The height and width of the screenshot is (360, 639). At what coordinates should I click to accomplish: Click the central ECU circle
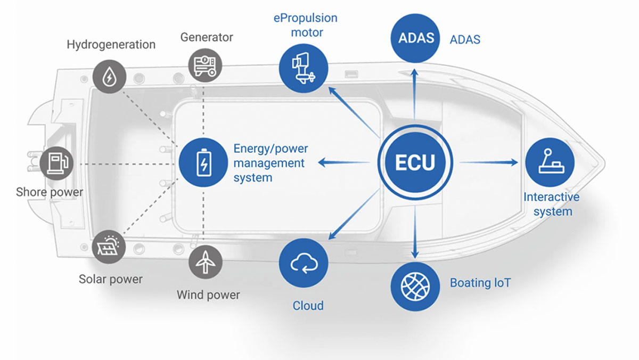click(415, 162)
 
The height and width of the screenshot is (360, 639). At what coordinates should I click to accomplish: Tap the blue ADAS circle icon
click(415, 38)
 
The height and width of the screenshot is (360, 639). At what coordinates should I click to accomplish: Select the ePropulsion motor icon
click(303, 68)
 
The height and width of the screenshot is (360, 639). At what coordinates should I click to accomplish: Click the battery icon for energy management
click(203, 162)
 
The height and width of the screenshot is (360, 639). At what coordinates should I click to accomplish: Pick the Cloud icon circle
click(304, 263)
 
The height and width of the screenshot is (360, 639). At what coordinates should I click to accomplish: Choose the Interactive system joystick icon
click(549, 162)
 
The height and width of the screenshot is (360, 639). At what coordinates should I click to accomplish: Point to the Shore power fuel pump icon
click(56, 162)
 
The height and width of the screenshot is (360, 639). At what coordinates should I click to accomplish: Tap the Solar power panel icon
click(109, 246)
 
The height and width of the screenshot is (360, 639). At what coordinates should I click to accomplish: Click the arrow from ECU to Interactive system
click(488, 162)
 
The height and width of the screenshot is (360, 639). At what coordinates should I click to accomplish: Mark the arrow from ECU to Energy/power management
click(344, 162)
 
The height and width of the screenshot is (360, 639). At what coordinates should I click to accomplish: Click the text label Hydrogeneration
click(111, 44)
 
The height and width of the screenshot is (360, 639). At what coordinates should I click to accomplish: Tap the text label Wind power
click(208, 294)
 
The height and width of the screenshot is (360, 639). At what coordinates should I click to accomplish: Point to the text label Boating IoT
click(480, 282)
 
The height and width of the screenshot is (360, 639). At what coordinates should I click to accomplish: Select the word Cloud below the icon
click(308, 306)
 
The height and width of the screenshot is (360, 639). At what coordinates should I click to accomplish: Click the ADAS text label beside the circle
click(465, 39)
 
